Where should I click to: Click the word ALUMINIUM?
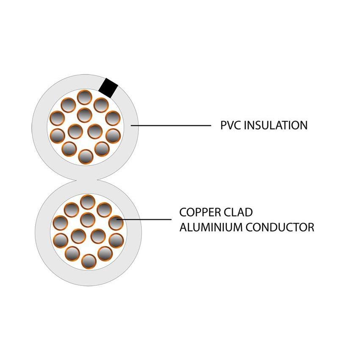coord(205,227)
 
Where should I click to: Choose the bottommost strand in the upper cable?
coord(86,157)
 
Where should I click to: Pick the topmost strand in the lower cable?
coord(87,202)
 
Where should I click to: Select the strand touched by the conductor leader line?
coord(116,222)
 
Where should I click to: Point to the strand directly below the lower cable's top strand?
coord(87,219)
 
